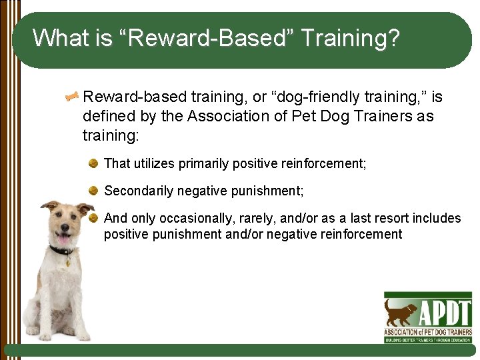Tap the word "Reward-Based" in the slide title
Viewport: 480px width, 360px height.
pos(205,38)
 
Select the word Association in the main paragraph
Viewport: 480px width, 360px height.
pos(227,117)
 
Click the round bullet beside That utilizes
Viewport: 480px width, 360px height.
pos(94,163)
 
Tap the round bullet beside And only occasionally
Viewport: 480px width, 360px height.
pos(94,218)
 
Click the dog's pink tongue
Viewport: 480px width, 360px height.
pos(63,239)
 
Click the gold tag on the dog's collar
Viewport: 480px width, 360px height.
pos(68,262)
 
